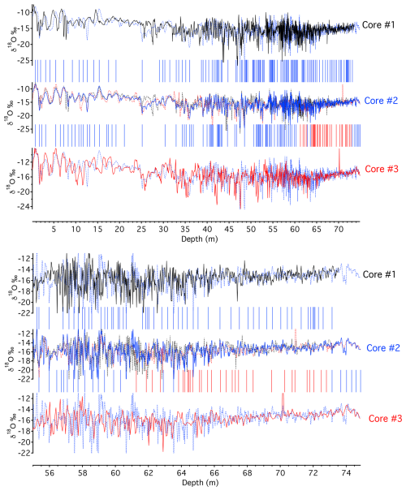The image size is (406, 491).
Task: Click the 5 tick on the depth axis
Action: pos(54,229)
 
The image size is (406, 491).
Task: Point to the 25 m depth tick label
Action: pos(141,229)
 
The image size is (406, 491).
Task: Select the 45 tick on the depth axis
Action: pos(229,229)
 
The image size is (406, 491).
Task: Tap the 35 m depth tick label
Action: pos(185,229)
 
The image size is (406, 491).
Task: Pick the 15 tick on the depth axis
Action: pos(97,229)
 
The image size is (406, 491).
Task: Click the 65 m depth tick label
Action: pos(317,229)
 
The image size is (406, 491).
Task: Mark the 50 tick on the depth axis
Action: pos(251,229)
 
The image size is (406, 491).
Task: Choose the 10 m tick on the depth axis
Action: pos(76,229)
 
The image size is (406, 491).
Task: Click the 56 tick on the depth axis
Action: pos(50,473)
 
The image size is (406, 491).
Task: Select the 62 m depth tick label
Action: pos(149,473)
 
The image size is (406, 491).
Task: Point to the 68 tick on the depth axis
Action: pos(247,473)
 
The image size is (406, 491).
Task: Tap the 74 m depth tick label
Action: pos(346,473)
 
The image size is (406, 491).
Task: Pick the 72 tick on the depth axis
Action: pos(313,473)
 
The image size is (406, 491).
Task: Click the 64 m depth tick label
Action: pos(181,473)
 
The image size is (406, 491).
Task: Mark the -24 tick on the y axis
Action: pos(26,206)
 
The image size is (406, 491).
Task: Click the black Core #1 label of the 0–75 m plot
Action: pos(378,24)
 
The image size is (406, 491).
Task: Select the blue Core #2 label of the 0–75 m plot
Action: pos(381,101)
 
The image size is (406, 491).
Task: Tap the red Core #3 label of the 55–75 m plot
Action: pos(385,418)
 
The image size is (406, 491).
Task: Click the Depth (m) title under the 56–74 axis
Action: pos(200,483)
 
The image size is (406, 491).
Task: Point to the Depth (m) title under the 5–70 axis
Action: pos(200,239)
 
